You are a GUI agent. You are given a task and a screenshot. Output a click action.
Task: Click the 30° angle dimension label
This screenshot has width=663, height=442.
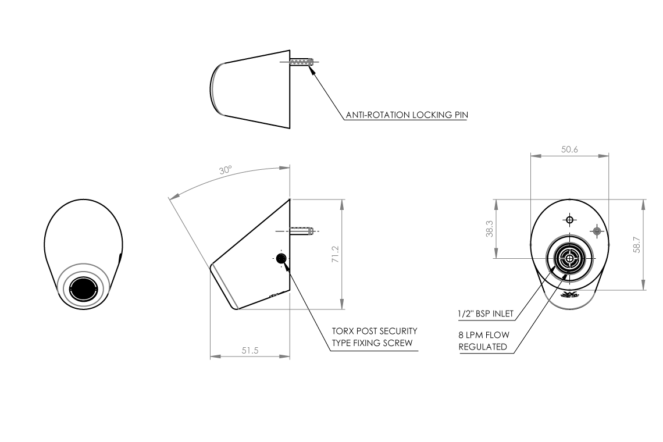click(225, 170)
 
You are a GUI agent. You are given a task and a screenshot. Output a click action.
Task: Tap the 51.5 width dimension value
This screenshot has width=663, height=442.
click(250, 350)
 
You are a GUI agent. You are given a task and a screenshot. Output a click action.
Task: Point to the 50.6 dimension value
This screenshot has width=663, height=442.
click(569, 149)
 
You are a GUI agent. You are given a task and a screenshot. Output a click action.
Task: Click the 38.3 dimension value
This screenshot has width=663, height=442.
click(490, 230)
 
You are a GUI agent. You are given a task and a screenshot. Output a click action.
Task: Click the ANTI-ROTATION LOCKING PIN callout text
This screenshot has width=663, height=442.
click(407, 115)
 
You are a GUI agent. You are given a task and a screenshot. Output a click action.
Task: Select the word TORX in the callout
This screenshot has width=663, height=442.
click(344, 331)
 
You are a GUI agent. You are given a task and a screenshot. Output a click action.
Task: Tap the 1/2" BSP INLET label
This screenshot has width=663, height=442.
click(486, 314)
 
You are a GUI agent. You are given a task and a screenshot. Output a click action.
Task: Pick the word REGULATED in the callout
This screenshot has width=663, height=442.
click(483, 347)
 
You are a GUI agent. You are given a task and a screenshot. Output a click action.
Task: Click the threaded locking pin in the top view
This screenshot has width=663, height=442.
click(302, 62)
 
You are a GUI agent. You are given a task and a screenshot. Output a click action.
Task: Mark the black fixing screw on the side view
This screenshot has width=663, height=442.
click(281, 258)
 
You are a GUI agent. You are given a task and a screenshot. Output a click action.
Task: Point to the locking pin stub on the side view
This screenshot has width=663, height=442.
click(302, 231)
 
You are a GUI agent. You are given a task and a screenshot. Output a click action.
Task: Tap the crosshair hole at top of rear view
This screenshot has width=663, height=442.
click(569, 220)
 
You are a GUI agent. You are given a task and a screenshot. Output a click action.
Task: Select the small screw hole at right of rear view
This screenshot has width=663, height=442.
click(597, 231)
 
